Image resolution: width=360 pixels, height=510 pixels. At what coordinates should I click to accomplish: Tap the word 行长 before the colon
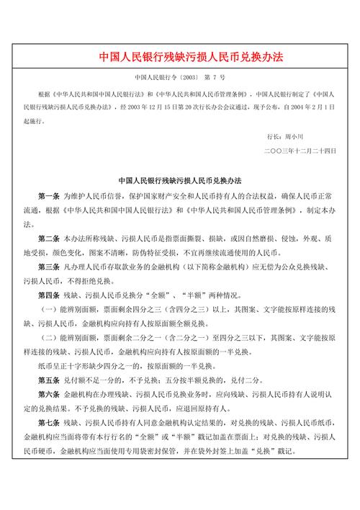point(274,135)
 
